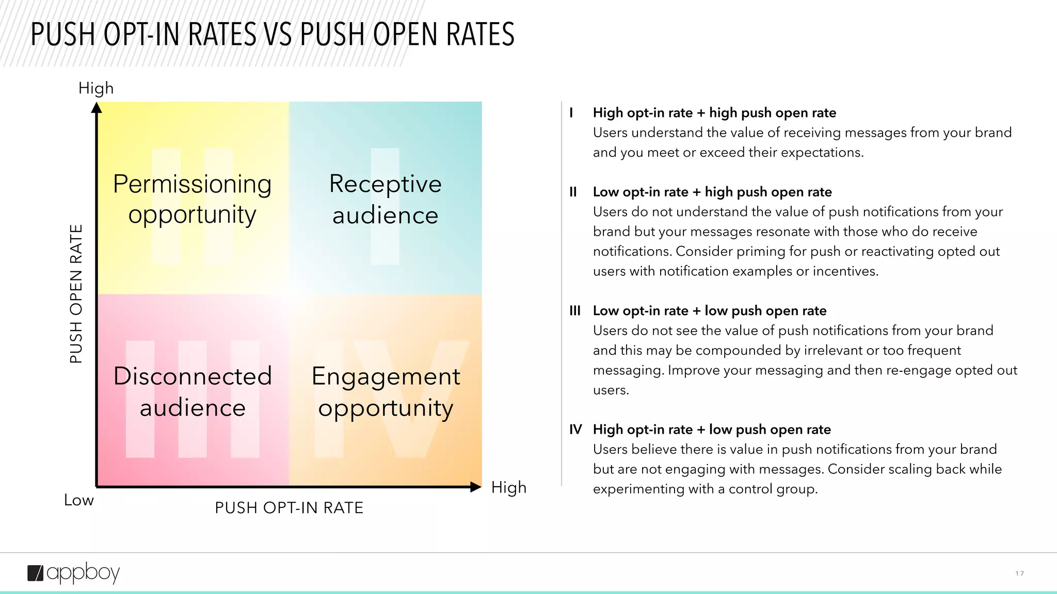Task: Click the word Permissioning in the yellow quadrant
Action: (192, 184)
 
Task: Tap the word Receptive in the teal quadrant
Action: (386, 184)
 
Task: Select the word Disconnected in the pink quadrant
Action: (193, 376)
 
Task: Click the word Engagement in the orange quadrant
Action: (386, 376)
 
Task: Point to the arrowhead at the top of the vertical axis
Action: (97, 108)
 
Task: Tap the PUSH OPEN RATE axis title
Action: (76, 293)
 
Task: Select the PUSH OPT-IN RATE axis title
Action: (289, 508)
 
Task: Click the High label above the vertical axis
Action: (96, 88)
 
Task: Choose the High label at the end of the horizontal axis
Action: (508, 487)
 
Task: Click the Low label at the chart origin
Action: (79, 500)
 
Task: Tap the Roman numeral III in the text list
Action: (575, 311)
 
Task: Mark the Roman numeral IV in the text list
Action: (575, 430)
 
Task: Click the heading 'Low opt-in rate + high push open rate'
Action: (712, 192)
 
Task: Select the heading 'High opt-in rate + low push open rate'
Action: (712, 430)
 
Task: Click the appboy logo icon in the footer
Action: (36, 573)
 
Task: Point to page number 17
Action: (1019, 573)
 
